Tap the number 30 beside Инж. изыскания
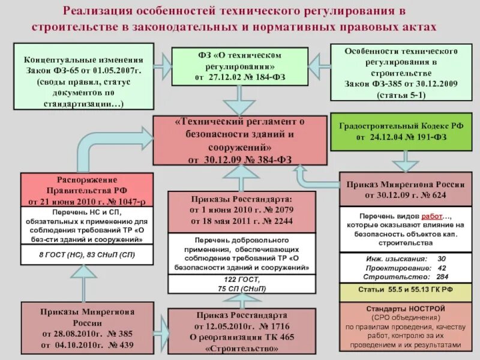(442, 259)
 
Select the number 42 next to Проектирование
(442, 268)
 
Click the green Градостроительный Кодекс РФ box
(400, 131)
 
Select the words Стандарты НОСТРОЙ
(405, 307)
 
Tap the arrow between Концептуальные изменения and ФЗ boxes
(163, 61)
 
